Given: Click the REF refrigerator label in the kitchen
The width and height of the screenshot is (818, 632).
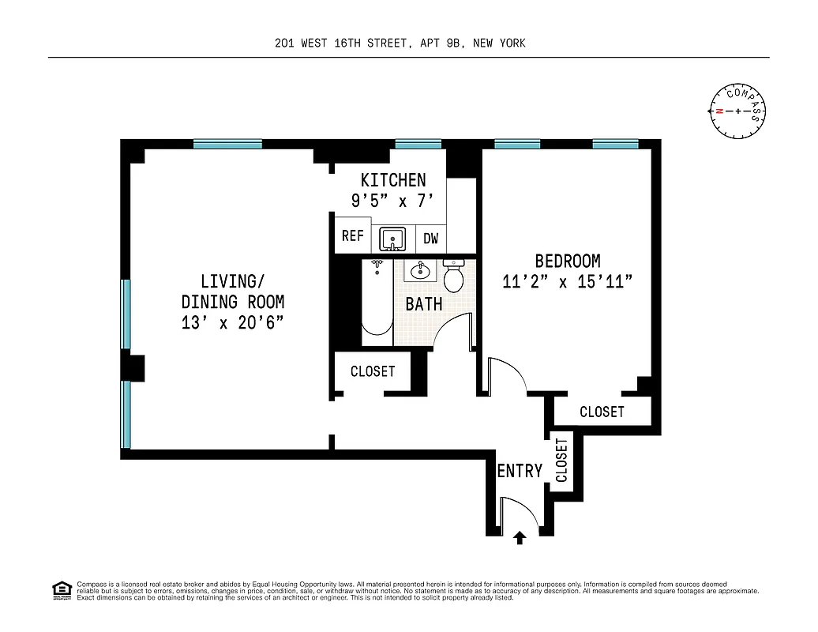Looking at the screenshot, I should pyautogui.click(x=352, y=237).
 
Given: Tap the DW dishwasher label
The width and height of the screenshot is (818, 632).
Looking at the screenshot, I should pyautogui.click(x=430, y=238).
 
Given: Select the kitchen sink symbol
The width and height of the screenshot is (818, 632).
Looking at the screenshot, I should pyautogui.click(x=392, y=238).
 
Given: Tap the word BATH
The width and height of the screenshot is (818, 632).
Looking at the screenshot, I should pyautogui.click(x=424, y=304).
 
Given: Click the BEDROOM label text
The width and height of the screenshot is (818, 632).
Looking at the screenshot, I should pyautogui.click(x=567, y=261).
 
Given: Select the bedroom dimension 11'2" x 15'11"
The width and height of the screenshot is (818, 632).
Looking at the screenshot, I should pyautogui.click(x=567, y=282).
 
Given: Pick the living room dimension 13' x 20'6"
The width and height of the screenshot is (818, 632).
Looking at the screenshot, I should pyautogui.click(x=232, y=322).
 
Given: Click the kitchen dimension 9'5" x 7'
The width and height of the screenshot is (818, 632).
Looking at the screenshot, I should pyautogui.click(x=392, y=201).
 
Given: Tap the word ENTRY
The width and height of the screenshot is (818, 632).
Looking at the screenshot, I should pyautogui.click(x=520, y=472).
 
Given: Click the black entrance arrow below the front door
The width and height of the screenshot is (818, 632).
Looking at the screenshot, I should pyautogui.click(x=520, y=538).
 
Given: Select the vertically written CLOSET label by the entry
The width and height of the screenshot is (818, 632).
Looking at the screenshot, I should pyautogui.click(x=561, y=461).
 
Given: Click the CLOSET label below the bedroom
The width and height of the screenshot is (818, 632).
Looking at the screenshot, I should pyautogui.click(x=602, y=412).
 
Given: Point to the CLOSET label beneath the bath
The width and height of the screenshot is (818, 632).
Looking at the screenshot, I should pyautogui.click(x=373, y=371).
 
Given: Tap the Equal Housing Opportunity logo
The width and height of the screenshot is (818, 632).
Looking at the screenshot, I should pyautogui.click(x=61, y=590).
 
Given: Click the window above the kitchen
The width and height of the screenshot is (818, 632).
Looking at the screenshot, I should pyautogui.click(x=418, y=145).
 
